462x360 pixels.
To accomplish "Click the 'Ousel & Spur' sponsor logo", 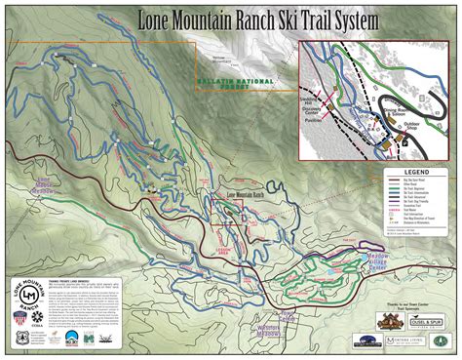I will coord(425,320).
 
